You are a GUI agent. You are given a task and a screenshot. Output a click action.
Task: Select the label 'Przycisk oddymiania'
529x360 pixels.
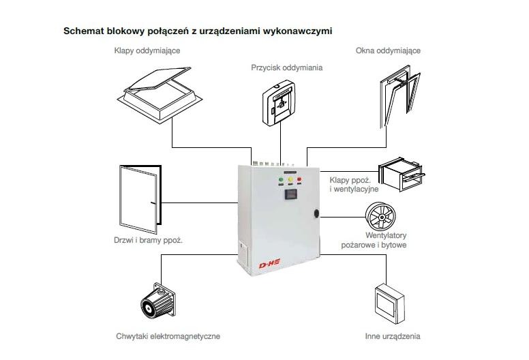click(x=286, y=67)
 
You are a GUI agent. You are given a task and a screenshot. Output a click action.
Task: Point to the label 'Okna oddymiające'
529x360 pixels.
click(x=388, y=50)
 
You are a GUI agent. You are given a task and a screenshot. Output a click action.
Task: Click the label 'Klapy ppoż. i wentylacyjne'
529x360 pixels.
click(x=354, y=184)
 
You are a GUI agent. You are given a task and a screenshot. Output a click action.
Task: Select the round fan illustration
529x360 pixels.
click(x=382, y=217)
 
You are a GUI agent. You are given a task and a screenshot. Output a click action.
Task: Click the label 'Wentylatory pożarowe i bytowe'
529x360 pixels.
click(x=376, y=240)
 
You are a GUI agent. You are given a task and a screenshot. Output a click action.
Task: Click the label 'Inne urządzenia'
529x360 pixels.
click(x=392, y=336)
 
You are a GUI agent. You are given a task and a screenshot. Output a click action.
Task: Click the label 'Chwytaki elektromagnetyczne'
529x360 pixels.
click(x=168, y=336)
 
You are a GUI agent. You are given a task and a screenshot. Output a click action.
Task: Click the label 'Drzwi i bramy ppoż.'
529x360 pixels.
click(x=148, y=240)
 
